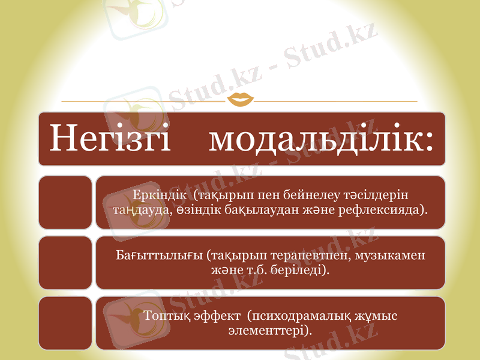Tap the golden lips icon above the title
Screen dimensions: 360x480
click(239, 99)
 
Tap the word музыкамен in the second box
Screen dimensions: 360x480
click(390, 256)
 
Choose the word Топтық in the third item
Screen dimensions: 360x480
click(165, 316)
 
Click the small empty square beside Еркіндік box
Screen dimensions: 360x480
click(65, 202)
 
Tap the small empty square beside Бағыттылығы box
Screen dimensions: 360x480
click(65, 262)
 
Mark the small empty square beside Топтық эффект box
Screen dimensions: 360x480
click(65, 322)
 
